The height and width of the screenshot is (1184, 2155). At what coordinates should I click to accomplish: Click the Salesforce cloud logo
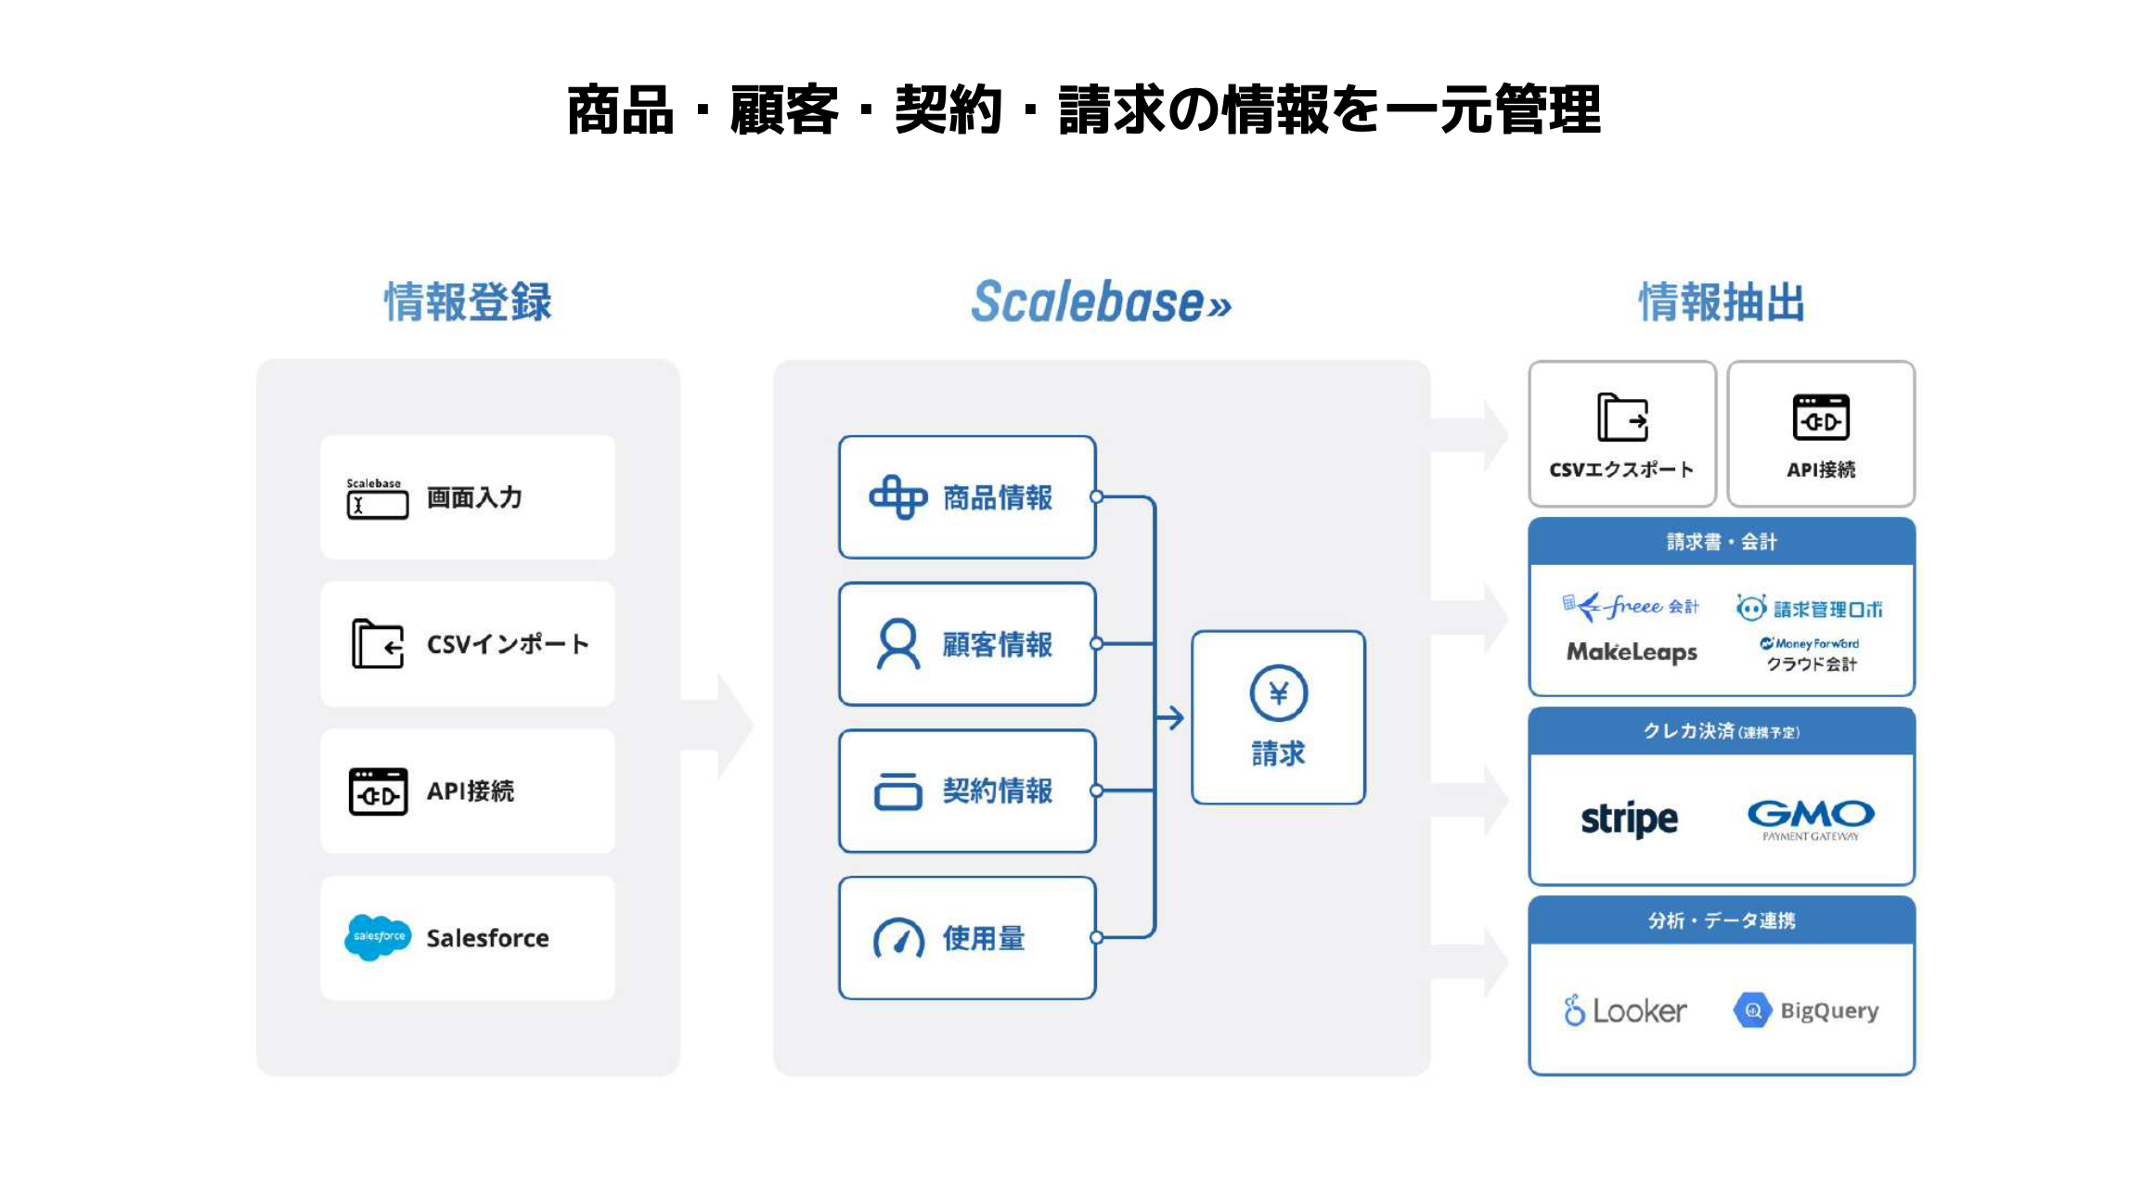click(x=377, y=937)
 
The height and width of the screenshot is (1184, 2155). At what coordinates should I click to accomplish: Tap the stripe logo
click(x=1629, y=819)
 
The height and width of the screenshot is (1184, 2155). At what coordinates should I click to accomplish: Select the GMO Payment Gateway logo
click(x=1810, y=818)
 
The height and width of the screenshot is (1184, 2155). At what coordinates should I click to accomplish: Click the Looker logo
click(x=1625, y=1010)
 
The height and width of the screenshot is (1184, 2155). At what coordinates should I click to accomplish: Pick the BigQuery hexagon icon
click(x=1752, y=1010)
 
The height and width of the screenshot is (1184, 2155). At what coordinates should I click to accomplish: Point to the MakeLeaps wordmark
click(x=1632, y=652)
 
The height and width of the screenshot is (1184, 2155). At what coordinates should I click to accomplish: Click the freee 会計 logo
click(x=1631, y=607)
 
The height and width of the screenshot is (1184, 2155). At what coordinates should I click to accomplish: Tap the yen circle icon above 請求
click(x=1278, y=693)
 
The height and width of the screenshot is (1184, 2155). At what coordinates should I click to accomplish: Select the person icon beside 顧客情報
click(x=897, y=644)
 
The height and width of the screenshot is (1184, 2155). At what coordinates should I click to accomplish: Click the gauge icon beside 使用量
click(x=898, y=938)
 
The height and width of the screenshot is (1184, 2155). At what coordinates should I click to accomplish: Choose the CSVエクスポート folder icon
click(x=1621, y=418)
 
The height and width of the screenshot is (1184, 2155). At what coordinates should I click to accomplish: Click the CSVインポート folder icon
click(x=377, y=644)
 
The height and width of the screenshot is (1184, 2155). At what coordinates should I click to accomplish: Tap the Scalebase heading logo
click(x=1101, y=302)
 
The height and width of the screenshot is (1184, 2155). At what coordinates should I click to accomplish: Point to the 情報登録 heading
click(x=468, y=302)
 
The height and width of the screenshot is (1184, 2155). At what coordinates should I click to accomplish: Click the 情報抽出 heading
click(x=1722, y=302)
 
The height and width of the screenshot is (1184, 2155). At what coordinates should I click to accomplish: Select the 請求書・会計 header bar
click(x=1722, y=542)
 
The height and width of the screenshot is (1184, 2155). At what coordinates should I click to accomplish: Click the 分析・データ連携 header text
click(x=1722, y=920)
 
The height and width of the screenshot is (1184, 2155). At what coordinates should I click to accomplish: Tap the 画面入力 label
click(x=474, y=498)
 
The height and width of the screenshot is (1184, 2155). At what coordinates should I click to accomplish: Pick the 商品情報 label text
click(x=998, y=498)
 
